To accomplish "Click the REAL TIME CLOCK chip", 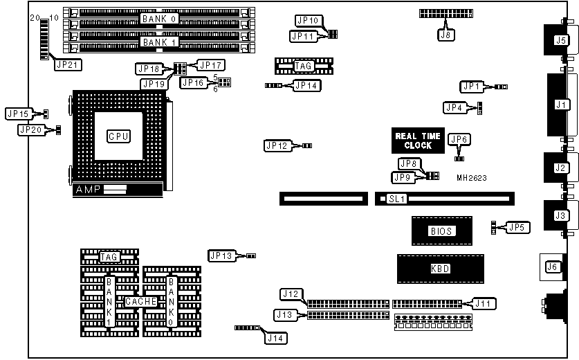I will pos(414,141).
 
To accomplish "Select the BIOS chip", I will pos(442,231).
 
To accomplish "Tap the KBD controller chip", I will pos(440,269).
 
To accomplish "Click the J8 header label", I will pos(447,33).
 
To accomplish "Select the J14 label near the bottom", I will pos(275,338).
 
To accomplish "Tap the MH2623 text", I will pos(472,178).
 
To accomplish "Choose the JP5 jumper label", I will pos(517,226).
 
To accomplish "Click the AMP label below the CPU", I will pos(87,189).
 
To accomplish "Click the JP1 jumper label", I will pos(471,87).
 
